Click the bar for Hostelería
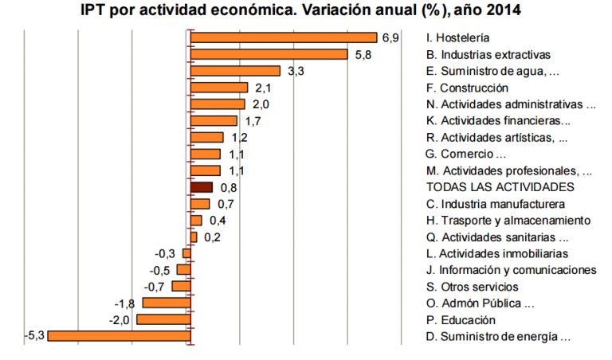pos(283,37)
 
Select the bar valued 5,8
pos(269,54)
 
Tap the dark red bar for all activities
pos(202,187)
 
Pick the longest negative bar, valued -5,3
pos(119,336)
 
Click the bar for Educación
pos(163,319)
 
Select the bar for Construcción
pos(219,88)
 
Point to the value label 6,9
pos(390,37)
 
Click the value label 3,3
pos(296,71)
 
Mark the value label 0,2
pos(212,237)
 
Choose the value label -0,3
pos(166,253)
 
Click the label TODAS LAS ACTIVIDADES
pos(500,186)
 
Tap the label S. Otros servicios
pos(473,286)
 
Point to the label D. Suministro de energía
pos(499,336)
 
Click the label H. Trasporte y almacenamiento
pos(508,220)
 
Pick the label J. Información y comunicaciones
pos(512,270)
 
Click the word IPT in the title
pos(96,12)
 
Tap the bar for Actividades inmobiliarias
pos(186,253)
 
